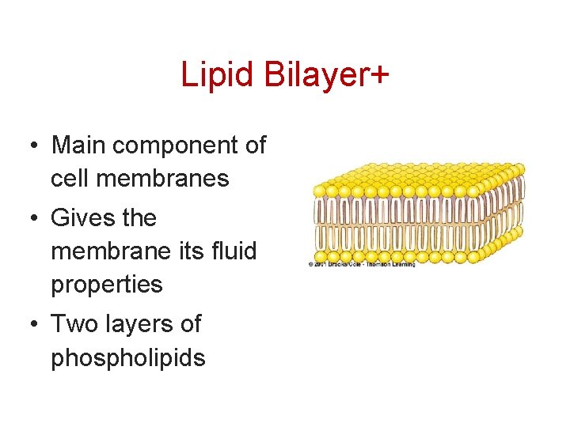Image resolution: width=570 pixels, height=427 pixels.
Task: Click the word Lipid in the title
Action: [x=210, y=75]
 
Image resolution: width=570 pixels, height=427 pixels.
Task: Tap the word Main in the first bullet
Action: [x=79, y=145]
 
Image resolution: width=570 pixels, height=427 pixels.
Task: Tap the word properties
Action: [x=107, y=285]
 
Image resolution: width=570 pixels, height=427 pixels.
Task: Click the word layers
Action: [x=137, y=324]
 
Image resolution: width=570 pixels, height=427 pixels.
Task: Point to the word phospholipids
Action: [x=128, y=358]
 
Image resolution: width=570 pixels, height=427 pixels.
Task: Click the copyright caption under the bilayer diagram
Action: [x=361, y=264]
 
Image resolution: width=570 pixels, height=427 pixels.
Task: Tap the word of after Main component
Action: [x=255, y=145]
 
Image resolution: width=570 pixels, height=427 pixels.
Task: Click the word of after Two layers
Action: [x=190, y=323]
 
